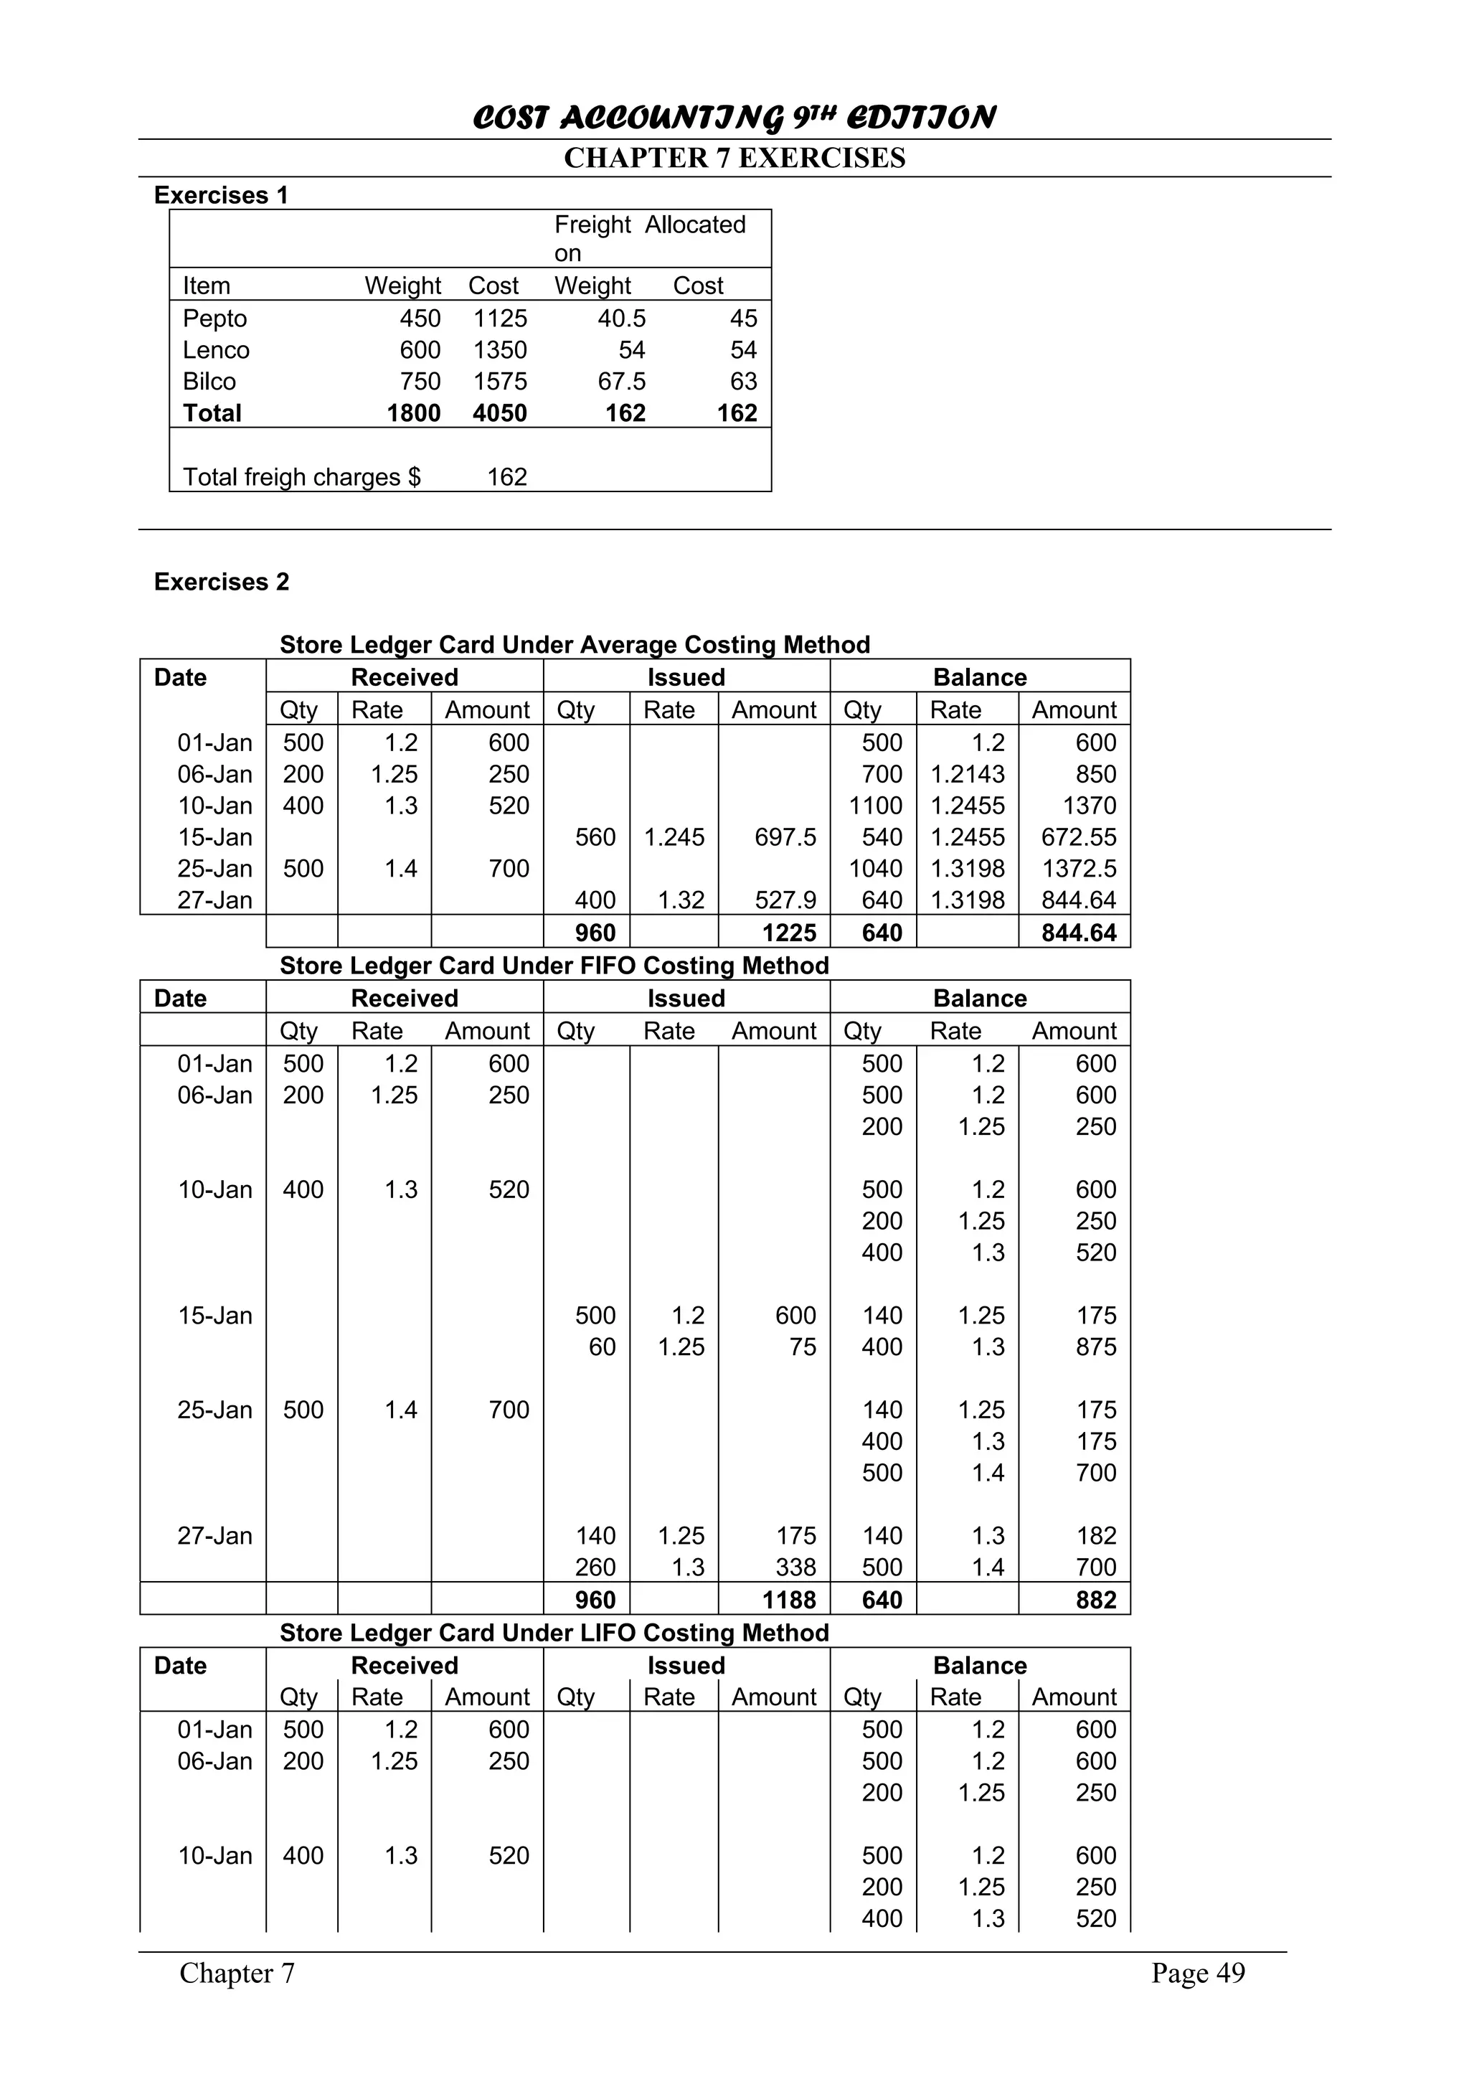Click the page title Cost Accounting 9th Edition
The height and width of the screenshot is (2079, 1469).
coord(734,118)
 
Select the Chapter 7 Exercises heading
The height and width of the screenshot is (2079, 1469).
coord(734,159)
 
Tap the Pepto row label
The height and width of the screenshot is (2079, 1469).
coord(214,319)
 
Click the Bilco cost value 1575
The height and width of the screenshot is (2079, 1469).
coord(500,381)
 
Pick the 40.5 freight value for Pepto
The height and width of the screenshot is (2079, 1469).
coord(621,319)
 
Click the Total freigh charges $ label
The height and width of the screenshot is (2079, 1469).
coord(301,477)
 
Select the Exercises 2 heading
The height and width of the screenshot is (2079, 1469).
coord(222,583)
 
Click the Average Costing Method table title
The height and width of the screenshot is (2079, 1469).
coord(575,645)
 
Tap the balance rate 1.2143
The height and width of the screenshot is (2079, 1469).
coord(968,774)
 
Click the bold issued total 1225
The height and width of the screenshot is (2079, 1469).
coord(789,933)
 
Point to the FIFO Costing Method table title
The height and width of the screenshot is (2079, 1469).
coord(554,966)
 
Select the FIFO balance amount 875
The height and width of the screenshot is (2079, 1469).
coord(1095,1347)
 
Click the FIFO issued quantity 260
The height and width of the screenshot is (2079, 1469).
coord(595,1567)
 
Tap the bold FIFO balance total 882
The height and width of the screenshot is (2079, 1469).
coord(1095,1600)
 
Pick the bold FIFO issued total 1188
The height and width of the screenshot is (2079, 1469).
coord(789,1600)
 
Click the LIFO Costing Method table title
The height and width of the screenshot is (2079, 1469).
coord(554,1633)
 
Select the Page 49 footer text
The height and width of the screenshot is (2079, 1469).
coord(1197,1973)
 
